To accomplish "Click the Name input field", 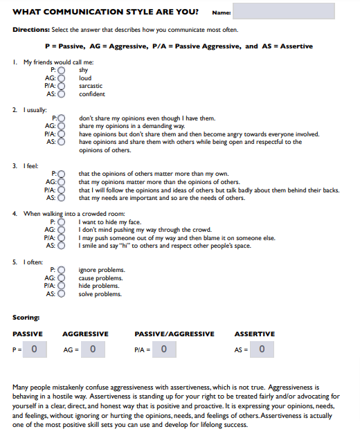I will point(283,12).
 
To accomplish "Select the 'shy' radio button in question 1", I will point(61,70).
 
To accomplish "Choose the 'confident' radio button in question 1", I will point(61,94).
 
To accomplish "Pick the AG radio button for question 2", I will point(61,126).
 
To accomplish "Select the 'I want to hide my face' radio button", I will point(61,222).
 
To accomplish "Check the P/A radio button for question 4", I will point(61,238).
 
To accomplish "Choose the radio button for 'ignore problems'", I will point(61,270).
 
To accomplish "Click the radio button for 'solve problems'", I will point(61,294).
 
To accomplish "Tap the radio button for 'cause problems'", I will point(61,278).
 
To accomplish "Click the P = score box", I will point(35,349).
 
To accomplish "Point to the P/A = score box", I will point(163,349).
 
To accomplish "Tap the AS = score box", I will point(261,349).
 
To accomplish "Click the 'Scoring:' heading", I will point(26,318).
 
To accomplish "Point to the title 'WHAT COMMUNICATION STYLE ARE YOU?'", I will point(105,12).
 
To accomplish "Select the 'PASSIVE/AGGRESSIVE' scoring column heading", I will point(174,334).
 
